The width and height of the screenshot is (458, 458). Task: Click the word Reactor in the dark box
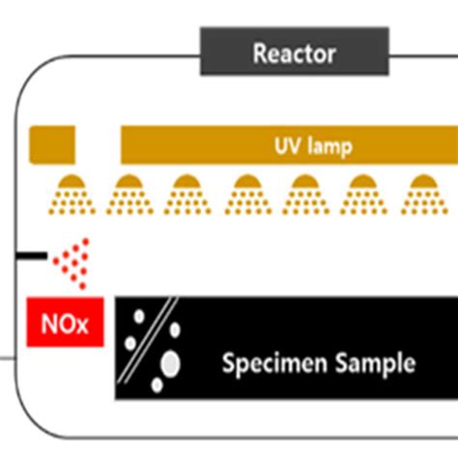[294, 52]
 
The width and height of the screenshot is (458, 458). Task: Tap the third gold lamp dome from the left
[186, 183]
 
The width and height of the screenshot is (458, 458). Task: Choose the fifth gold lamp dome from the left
[306, 183]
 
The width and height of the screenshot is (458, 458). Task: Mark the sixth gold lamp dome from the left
[363, 183]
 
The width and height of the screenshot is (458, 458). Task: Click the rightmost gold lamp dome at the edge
[421, 183]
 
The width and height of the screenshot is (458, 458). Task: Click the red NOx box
[64, 324]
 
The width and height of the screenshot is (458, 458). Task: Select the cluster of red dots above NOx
[73, 262]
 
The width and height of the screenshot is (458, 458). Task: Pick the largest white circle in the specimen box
[170, 363]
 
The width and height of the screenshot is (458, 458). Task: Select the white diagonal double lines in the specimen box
[156, 333]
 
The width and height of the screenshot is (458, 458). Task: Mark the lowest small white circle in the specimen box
[157, 385]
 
